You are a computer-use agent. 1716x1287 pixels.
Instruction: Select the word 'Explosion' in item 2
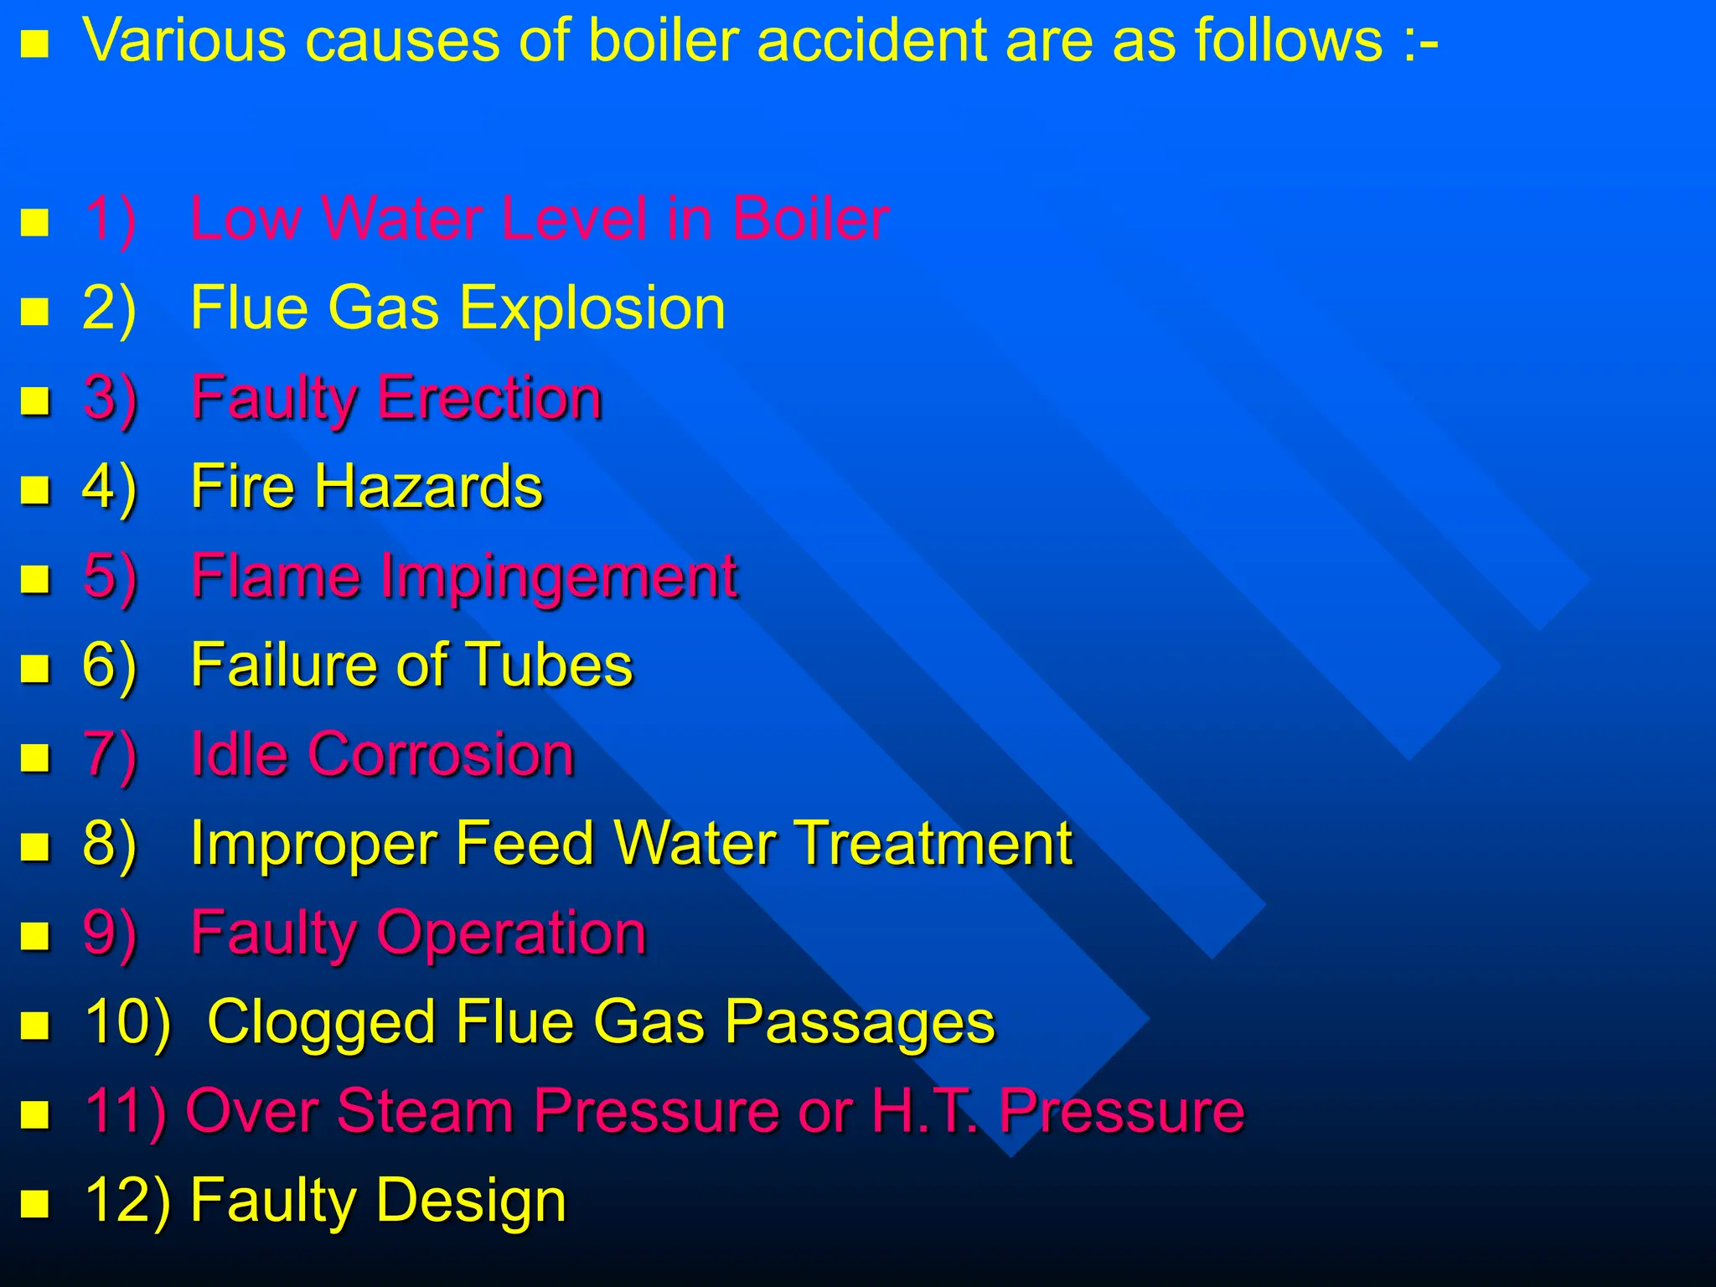[592, 308]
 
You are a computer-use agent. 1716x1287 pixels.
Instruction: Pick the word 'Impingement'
[559, 577]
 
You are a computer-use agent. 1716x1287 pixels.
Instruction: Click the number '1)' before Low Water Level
[110, 220]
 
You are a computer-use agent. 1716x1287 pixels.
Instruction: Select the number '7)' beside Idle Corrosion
[110, 755]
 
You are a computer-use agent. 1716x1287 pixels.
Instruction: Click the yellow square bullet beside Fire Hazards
[34, 488]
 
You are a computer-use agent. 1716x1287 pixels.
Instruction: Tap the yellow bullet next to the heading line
[34, 44]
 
